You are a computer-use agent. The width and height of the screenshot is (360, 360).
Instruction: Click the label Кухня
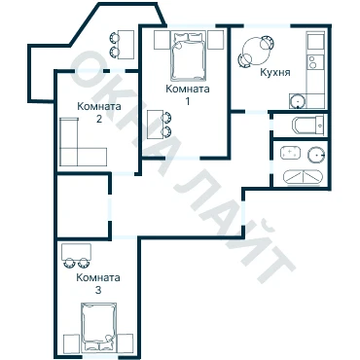[275, 72]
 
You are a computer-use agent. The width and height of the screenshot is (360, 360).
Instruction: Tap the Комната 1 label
[188, 94]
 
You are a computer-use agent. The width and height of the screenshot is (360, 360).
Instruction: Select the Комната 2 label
[99, 112]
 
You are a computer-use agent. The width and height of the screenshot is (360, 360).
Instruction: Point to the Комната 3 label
[98, 283]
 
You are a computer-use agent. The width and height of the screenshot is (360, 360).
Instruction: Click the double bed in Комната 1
[189, 55]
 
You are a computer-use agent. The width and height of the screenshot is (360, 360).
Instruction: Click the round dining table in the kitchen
[256, 52]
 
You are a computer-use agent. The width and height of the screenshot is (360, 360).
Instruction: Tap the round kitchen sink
[298, 101]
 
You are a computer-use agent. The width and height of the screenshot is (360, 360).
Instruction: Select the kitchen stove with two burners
[315, 62]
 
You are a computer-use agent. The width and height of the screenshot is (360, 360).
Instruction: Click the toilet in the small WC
[308, 126]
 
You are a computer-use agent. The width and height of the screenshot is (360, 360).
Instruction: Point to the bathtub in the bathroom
[303, 178]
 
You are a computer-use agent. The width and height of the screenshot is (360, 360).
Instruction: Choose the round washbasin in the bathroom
[316, 155]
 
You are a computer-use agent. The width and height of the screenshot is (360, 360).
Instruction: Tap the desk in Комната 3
[77, 252]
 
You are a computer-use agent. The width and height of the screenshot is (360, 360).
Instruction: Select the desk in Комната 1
[155, 125]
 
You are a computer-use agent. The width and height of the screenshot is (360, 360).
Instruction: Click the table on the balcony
[126, 45]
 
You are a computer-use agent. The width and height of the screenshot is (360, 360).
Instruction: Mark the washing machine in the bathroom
[290, 153]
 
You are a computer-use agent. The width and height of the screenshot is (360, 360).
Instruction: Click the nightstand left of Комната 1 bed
[162, 40]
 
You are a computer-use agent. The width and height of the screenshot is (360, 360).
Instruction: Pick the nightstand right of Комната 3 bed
[126, 342]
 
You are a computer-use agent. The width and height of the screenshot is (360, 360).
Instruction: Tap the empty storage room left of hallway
[83, 206]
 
